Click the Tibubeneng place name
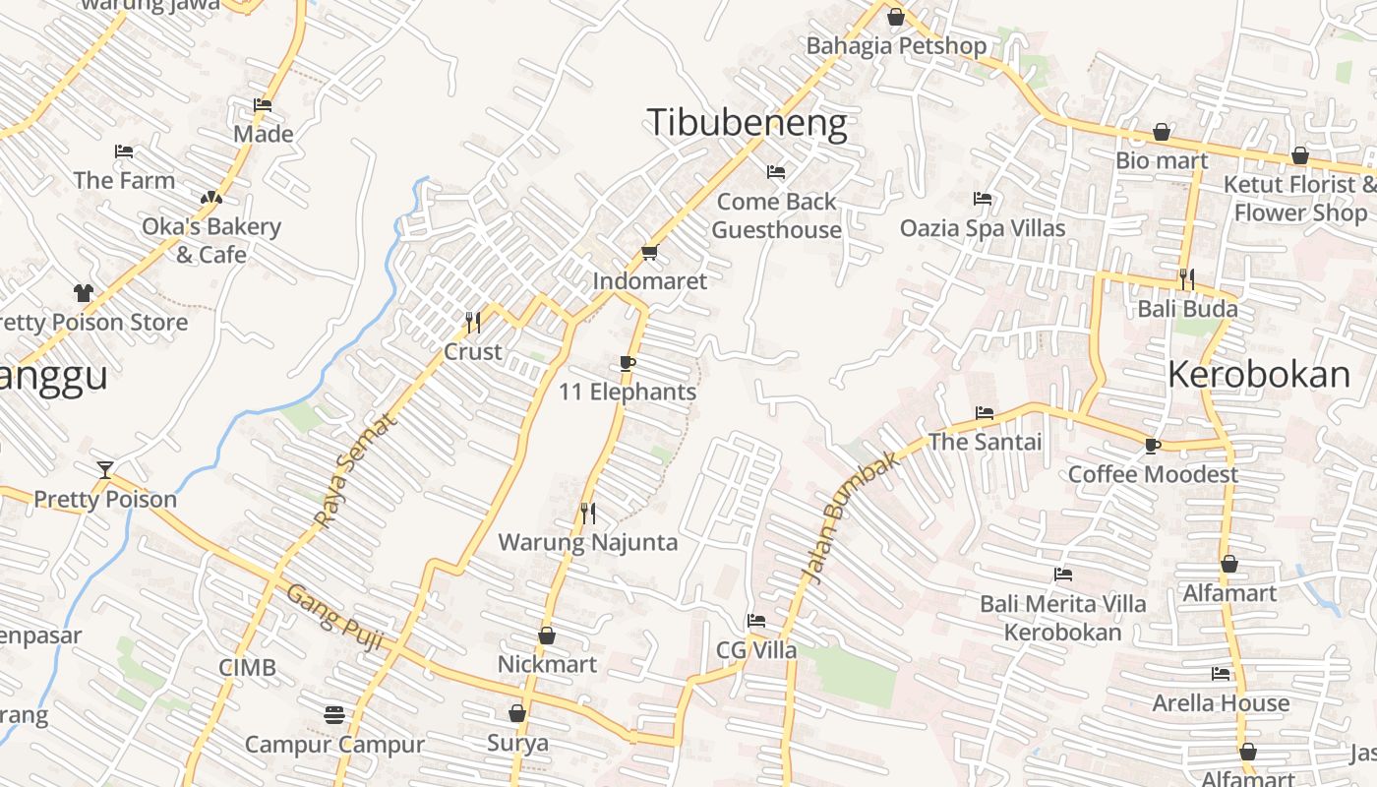[x=747, y=123]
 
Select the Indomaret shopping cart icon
[x=649, y=253]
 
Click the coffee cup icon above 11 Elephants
[x=628, y=364]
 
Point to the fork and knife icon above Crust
[x=473, y=322]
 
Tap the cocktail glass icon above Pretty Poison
[x=105, y=469]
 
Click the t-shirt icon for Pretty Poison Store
[x=83, y=293]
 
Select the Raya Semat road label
[x=356, y=469]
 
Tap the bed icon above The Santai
[x=985, y=413]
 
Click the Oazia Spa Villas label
[x=983, y=228]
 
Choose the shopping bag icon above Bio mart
[x=1162, y=132]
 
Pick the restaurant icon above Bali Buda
[x=1187, y=279]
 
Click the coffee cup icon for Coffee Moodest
[x=1153, y=446]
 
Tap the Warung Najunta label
[x=587, y=542]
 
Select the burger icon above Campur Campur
[x=334, y=714]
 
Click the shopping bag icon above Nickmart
[x=547, y=636]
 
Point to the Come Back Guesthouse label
[x=777, y=215]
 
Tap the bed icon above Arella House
[x=1221, y=674]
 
